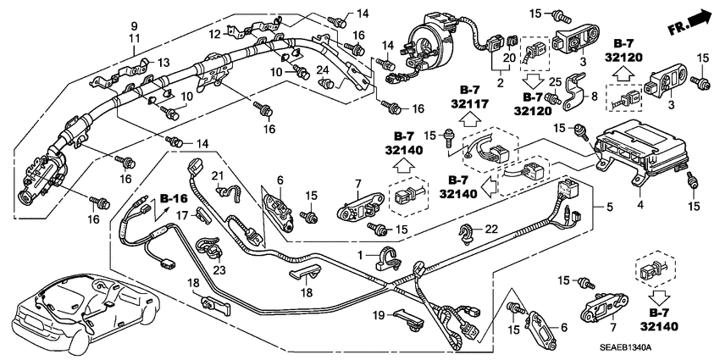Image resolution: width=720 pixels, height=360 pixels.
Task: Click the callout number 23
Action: pos(219,270)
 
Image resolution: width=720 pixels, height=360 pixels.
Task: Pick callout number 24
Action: pos(322,69)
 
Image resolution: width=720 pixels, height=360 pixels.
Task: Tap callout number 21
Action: pos(216,176)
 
